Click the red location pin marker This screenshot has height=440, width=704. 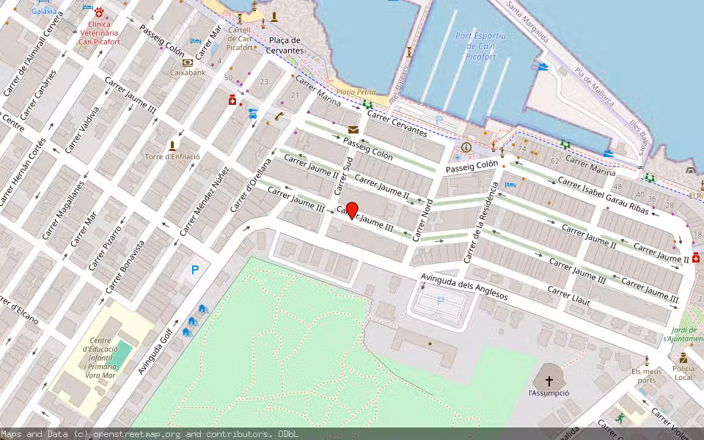click(x=351, y=210)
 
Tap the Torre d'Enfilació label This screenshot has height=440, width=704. click(x=172, y=156)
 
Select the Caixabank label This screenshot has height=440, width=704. click(x=188, y=73)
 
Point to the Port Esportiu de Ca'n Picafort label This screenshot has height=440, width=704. click(x=480, y=45)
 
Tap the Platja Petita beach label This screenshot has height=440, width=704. click(x=356, y=92)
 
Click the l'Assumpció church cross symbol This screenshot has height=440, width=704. click(x=549, y=381)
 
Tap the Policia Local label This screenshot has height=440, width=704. click(x=683, y=373)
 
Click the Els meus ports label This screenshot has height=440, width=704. click(x=646, y=375)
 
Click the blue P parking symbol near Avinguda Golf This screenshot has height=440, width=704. click(x=195, y=270)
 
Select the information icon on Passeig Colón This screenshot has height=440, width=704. click(x=466, y=147)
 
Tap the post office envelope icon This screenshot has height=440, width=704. click(x=353, y=130)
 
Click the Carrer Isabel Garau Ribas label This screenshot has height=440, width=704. click(x=603, y=196)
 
